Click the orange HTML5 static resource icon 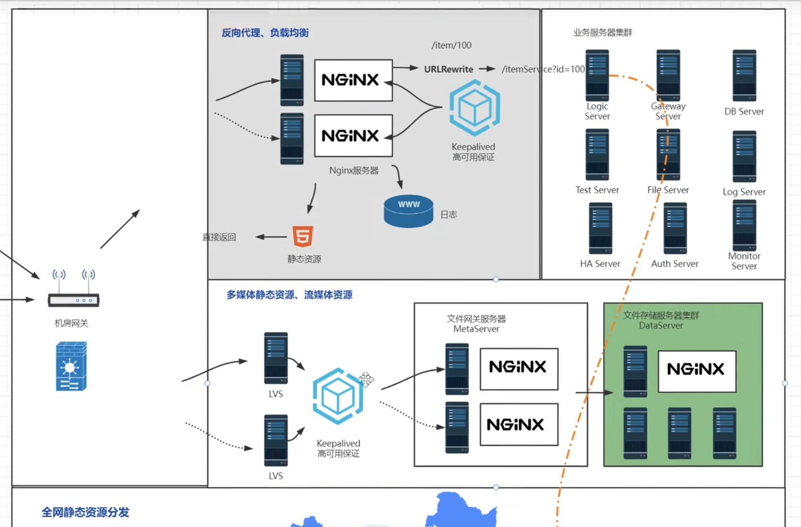coord(303,236)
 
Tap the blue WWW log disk coord(408,211)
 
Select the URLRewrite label coord(449,69)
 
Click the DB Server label coord(744,111)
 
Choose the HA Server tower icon coord(601,228)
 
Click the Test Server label coord(597,190)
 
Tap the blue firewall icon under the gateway coord(71,366)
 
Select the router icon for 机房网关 coord(74,300)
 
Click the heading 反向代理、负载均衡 coord(265,33)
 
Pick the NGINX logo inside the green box coord(696,369)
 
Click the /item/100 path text coord(451,45)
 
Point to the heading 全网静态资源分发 coord(85,512)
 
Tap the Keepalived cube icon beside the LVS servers coord(338,395)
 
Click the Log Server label coord(744,192)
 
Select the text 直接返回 coord(219,237)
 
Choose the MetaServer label coord(476,329)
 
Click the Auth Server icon coord(675,228)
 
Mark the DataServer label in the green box coord(661,326)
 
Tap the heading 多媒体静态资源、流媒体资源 coord(289,295)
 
